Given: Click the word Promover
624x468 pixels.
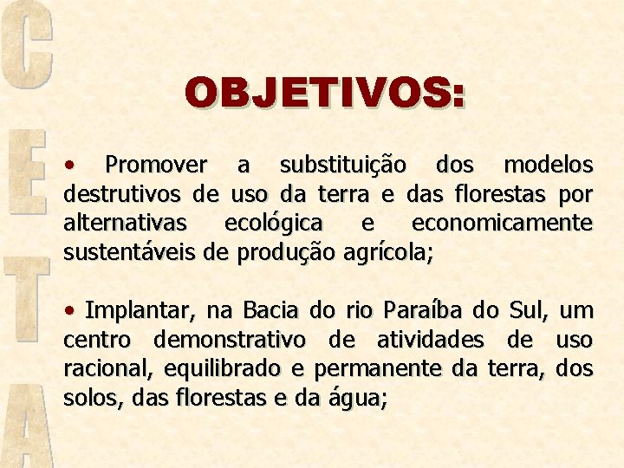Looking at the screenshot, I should click(155, 165).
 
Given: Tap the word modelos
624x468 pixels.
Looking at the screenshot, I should click(549, 165).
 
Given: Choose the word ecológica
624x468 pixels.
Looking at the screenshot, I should click(274, 223).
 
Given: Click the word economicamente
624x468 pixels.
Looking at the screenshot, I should click(502, 223).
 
